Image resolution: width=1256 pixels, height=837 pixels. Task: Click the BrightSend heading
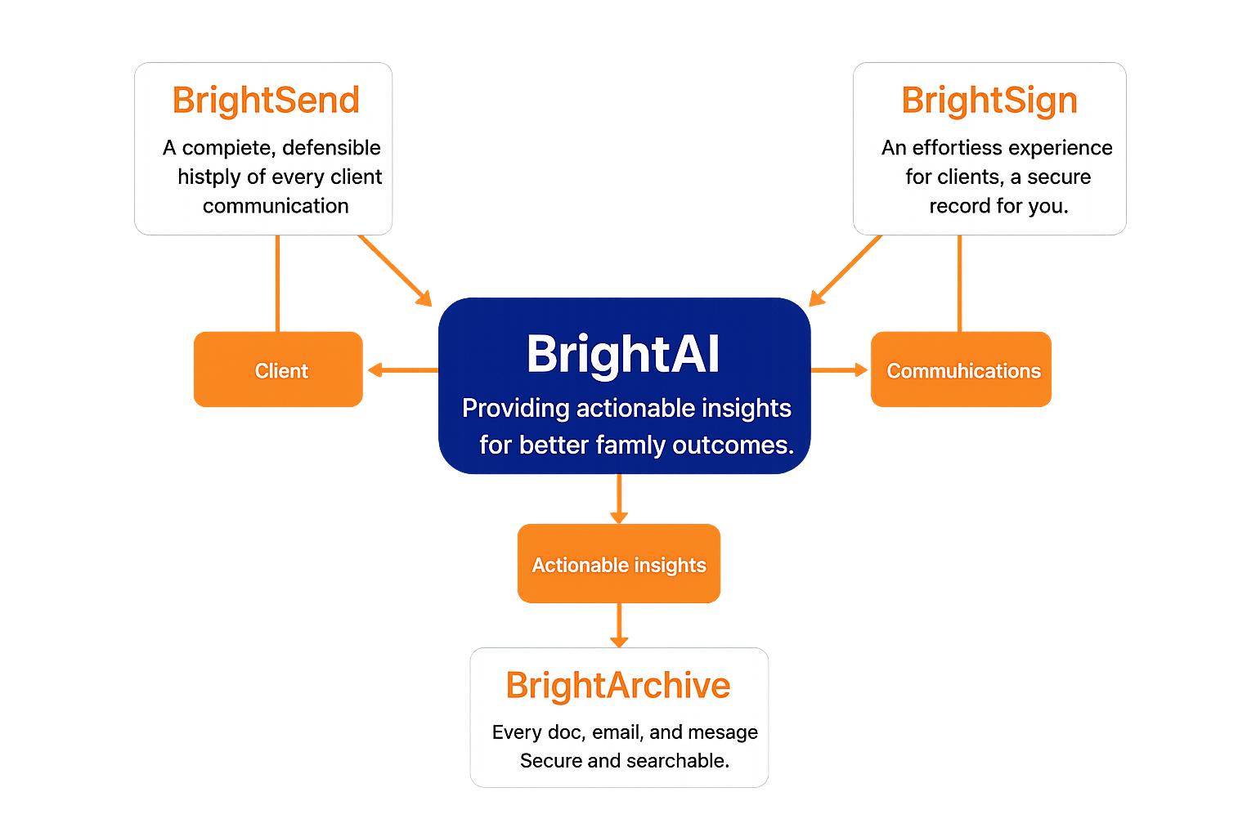pyautogui.click(x=266, y=101)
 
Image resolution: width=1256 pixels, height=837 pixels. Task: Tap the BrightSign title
pyautogui.click(x=989, y=101)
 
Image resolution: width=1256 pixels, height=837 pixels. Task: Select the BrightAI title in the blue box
pyautogui.click(x=623, y=354)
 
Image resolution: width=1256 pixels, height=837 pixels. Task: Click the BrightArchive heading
pyautogui.click(x=618, y=685)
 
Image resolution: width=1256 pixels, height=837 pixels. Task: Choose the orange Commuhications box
pyautogui.click(x=962, y=370)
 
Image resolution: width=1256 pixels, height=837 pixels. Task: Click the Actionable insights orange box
pyautogui.click(x=619, y=565)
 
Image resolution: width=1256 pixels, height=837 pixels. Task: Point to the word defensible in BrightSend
pyautogui.click(x=331, y=148)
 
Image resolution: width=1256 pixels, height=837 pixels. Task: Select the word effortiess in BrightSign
pyautogui.click(x=957, y=148)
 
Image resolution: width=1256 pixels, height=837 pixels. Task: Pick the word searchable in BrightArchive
pyautogui.click(x=677, y=761)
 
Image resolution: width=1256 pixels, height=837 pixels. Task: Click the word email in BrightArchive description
pyautogui.click(x=617, y=732)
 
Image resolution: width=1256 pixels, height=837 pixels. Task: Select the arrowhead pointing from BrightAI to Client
pyautogui.click(x=375, y=370)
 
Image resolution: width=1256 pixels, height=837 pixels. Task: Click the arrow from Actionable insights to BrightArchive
pyautogui.click(x=619, y=626)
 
